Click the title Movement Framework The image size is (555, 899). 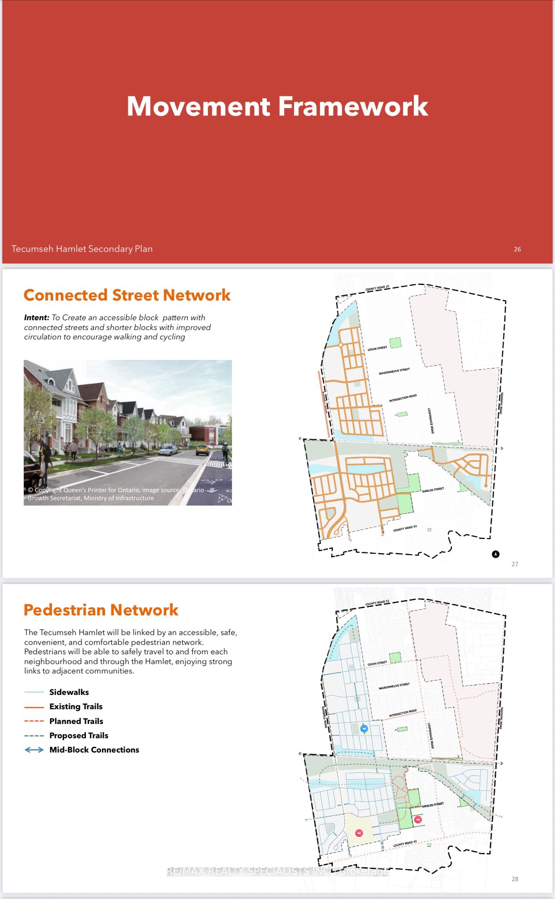coord(277,106)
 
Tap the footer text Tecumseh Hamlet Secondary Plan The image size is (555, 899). coord(82,249)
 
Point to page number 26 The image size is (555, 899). coord(517,249)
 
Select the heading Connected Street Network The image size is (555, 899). coord(127,295)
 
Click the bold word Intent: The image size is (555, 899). coord(37,318)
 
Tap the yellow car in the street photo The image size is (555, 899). coord(202,449)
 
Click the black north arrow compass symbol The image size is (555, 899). coord(496,554)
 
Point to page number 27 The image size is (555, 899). coord(515,564)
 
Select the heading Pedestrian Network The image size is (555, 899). coord(101,610)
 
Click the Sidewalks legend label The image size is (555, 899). coord(69,692)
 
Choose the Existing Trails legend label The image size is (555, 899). coord(76,707)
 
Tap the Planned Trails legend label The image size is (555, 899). coord(76,721)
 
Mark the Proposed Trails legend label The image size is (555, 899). coord(79,736)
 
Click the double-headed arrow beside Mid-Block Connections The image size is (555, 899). coord(34,750)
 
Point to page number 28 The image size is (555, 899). coord(515,879)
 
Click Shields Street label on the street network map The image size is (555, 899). coord(433,490)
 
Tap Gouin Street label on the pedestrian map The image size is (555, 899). coord(377,664)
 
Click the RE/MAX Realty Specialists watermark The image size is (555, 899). coord(277,871)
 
